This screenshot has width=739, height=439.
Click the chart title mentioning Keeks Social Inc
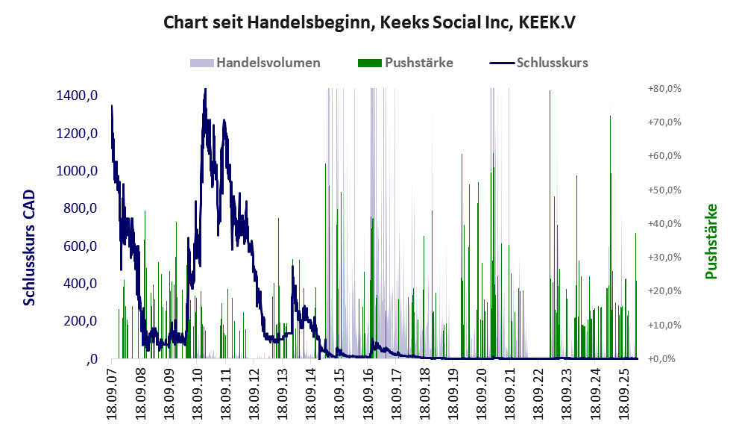click(x=369, y=22)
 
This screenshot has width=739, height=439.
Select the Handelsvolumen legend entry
click(x=255, y=63)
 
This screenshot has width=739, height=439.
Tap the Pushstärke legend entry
click(x=406, y=63)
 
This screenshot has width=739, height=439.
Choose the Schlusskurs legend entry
click(x=538, y=63)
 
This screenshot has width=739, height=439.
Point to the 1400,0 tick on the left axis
click(x=77, y=96)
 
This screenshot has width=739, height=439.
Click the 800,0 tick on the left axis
click(x=80, y=208)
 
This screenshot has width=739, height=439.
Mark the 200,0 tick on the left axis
click(x=80, y=321)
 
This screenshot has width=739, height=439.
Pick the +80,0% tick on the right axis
click(x=664, y=88)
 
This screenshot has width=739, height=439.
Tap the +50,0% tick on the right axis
click(x=664, y=190)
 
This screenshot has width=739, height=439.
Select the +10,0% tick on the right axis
click(x=664, y=326)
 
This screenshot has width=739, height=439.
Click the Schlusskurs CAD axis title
click(x=29, y=247)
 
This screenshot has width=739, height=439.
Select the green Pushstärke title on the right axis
click(x=711, y=241)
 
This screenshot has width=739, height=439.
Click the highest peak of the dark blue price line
click(x=205, y=89)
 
